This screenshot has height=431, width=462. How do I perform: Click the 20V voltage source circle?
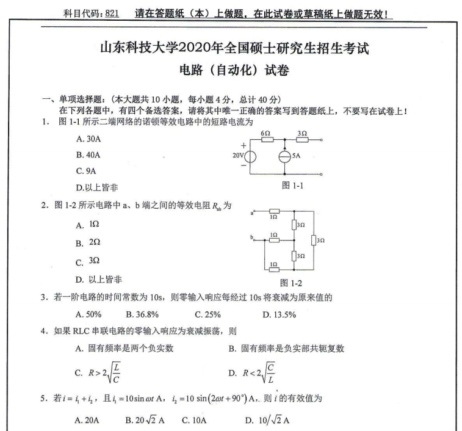250,157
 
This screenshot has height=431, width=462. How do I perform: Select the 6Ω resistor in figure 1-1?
267,140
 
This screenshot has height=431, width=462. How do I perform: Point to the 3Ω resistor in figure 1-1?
302,140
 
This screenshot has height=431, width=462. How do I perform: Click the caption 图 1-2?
291,283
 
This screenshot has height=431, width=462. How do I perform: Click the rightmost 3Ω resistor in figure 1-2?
314,240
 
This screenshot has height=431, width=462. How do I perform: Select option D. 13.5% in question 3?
279,314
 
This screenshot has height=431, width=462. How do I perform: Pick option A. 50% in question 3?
88,314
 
